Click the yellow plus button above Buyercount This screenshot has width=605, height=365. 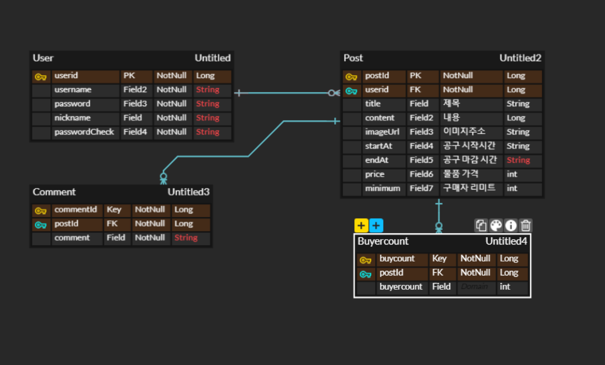point(361,225)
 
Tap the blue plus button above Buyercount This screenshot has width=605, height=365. point(376,225)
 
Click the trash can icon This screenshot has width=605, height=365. point(526,225)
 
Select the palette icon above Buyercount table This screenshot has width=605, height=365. point(496,225)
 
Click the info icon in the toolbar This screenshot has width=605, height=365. point(510,225)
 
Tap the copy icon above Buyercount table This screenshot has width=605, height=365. point(481,225)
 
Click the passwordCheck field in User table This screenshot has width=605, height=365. point(84,132)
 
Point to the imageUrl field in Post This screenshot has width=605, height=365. point(382,132)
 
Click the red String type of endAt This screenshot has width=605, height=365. point(518,160)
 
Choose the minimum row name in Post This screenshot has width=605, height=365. point(382,189)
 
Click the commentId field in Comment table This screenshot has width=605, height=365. point(75,210)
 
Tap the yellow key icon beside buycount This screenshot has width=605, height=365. point(366,260)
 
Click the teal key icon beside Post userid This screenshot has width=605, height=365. point(351,91)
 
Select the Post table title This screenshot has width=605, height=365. point(353,58)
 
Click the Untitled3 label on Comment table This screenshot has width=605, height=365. point(188,192)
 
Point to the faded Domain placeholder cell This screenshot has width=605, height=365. point(474,287)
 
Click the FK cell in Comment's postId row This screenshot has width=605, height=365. point(112,224)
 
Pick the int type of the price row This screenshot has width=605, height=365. point(512,174)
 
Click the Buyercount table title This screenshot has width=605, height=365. point(383,241)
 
